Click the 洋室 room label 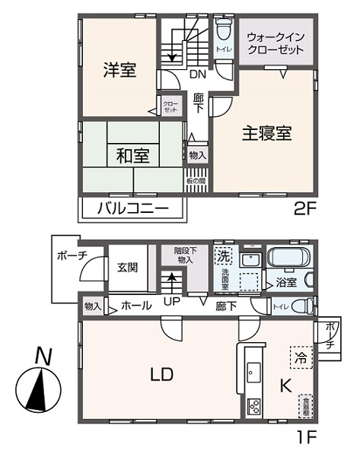pos(120,71)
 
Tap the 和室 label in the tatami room pos(132,157)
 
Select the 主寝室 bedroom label pos(266,132)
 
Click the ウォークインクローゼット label pos(276,43)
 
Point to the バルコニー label pos(131,208)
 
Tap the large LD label pos(161,375)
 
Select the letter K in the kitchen pos(285,386)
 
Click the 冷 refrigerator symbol pos(299,356)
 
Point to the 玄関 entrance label pos(127,267)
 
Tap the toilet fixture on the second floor pos(224,34)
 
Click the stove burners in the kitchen pos(253,405)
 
